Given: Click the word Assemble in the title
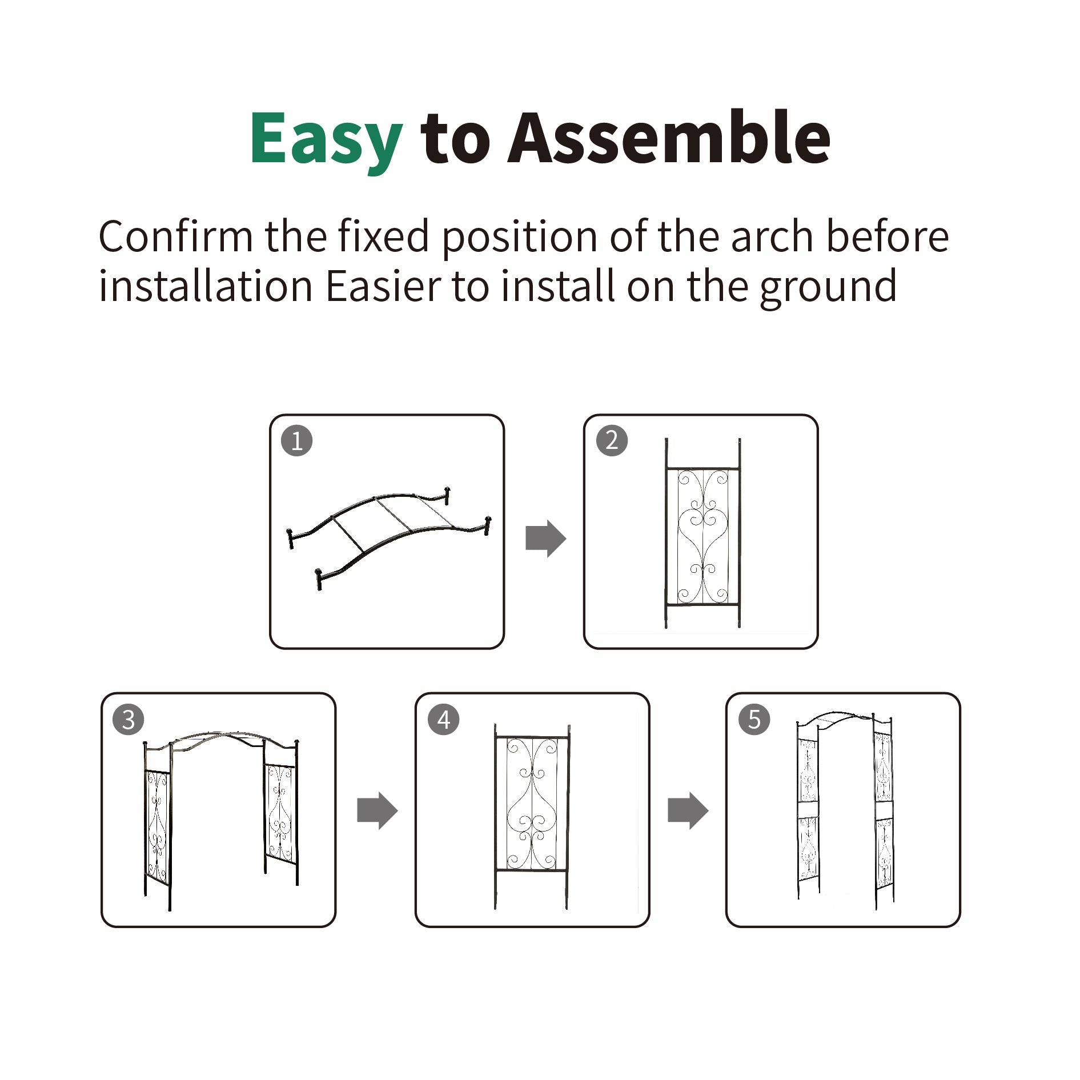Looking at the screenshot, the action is click(x=669, y=138).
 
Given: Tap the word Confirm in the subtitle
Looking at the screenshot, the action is click(x=175, y=236).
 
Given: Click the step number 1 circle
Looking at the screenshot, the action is click(x=297, y=441).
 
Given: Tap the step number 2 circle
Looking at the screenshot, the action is click(x=612, y=440).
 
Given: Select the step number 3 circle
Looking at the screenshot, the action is click(x=129, y=720).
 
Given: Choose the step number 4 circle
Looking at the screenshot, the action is click(x=444, y=720).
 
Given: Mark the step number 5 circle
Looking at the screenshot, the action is click(x=754, y=720).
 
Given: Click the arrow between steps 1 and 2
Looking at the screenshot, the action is click(x=545, y=539).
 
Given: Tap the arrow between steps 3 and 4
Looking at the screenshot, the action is click(x=377, y=810).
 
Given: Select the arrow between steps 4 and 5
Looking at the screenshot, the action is click(x=688, y=810).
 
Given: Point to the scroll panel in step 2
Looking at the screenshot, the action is click(x=702, y=537).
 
